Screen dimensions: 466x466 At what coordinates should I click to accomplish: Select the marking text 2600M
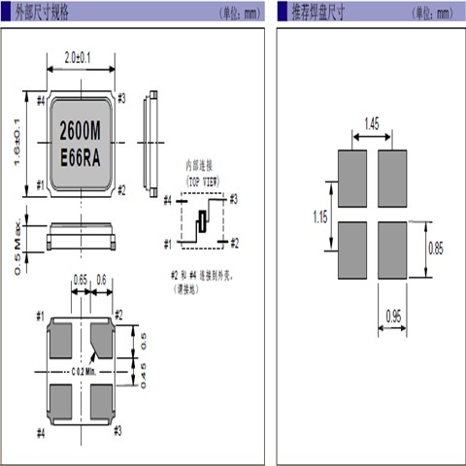(83, 129)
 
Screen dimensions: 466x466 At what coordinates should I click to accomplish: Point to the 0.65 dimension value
(81, 284)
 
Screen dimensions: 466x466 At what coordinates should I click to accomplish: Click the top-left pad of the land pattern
(351, 180)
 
